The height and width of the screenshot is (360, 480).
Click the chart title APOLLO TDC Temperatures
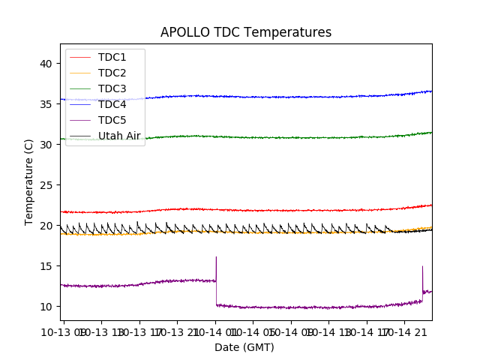pos(246,32)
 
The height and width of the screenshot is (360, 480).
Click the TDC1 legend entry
pos(112,57)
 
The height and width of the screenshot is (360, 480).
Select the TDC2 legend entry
pos(112,73)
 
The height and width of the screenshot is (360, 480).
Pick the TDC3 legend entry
pos(112,88)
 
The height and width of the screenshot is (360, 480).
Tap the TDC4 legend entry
pos(112,104)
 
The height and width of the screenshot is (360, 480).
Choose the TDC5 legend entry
pos(112,120)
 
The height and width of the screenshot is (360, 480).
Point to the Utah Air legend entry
pos(119,136)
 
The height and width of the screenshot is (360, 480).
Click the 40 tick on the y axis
pos(45,64)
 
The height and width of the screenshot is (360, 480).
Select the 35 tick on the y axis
pos(45,104)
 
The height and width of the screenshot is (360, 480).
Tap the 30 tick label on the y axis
pos(45,145)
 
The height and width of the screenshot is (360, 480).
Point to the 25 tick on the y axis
pos(45,185)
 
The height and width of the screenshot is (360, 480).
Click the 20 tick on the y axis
pos(45,226)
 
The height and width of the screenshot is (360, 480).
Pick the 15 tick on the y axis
pos(45,266)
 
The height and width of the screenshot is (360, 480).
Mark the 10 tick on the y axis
pos(45,307)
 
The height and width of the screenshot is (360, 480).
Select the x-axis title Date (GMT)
pos(244,347)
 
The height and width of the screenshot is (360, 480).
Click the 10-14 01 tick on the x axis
pos(216,331)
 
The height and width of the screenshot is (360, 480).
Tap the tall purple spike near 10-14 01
pos(216,259)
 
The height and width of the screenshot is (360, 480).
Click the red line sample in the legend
pos(80,57)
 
